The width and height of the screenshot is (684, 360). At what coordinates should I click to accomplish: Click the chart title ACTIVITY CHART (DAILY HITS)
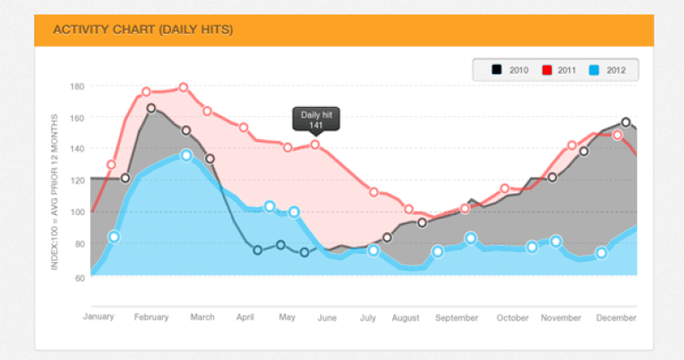143,30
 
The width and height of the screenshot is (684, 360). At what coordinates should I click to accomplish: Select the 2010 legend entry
510,70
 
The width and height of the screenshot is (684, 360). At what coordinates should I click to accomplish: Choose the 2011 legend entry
559,70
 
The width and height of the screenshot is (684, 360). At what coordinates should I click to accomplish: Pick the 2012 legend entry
607,70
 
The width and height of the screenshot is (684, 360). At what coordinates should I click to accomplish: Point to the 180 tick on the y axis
76,86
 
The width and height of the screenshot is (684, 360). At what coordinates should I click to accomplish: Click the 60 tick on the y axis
78,276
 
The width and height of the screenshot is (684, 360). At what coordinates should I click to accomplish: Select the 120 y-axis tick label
76,181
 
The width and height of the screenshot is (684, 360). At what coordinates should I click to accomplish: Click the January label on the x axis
100,317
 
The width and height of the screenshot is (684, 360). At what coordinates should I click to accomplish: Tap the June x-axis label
327,317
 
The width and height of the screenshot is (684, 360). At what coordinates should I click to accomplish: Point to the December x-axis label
617,317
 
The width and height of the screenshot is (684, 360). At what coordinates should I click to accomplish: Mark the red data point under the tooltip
315,144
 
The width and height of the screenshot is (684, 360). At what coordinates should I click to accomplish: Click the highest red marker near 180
184,88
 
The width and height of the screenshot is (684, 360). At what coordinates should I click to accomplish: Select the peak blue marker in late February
186,156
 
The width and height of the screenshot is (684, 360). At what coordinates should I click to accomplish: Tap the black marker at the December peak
626,122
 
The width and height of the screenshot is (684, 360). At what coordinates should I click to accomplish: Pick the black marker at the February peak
151,109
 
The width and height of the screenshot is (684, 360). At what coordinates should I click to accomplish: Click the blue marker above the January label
113,238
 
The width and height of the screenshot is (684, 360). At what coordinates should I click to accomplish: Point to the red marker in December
617,135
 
